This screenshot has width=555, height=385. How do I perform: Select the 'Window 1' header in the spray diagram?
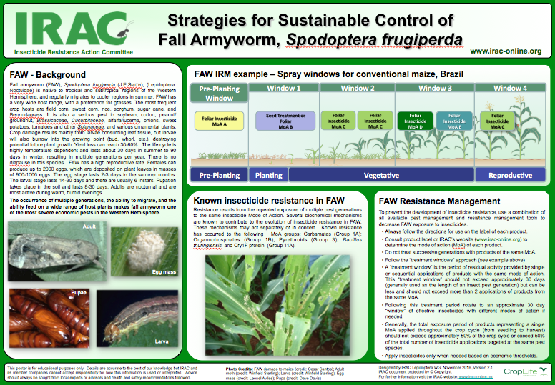[283, 88]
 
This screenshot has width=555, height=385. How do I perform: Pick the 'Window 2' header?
[358, 88]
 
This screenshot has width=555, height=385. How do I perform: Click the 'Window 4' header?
[510, 88]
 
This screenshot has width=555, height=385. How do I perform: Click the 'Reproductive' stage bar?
[509, 174]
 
